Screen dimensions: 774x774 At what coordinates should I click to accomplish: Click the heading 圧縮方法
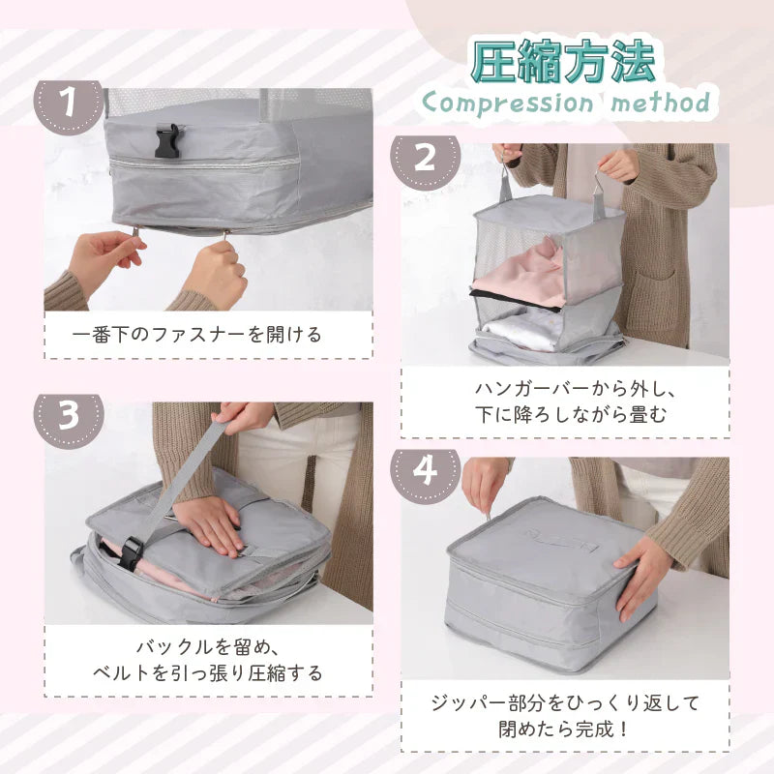(563, 61)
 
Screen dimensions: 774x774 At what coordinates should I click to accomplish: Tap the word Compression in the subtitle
(508, 104)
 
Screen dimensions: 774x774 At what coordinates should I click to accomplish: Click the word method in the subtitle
(661, 103)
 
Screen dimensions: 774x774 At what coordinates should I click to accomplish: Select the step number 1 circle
(68, 103)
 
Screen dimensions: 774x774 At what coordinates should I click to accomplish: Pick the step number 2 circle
(425, 159)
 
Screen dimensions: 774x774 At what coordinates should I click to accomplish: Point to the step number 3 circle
(68, 416)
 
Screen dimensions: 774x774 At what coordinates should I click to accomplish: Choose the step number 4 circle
(425, 471)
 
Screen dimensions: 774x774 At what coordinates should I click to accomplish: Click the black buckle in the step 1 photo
(167, 140)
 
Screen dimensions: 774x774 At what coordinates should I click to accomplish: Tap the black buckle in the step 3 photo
(131, 553)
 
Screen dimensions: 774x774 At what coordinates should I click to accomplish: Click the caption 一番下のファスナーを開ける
(197, 335)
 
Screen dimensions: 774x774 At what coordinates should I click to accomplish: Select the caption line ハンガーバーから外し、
(574, 389)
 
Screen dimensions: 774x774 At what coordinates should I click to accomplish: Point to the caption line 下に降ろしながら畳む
(571, 415)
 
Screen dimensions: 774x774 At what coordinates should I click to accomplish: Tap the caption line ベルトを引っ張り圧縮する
(208, 673)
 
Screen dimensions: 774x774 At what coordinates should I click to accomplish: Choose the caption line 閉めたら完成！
(564, 729)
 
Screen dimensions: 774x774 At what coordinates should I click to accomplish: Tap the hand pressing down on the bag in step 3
(211, 524)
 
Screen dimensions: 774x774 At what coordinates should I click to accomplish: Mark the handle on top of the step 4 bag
(562, 540)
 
